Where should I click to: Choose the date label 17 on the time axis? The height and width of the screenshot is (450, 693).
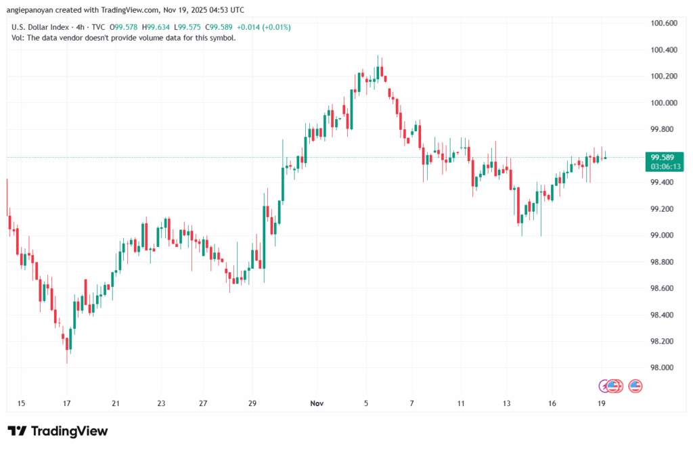click(x=68, y=403)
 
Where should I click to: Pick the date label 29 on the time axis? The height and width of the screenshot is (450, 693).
click(x=252, y=403)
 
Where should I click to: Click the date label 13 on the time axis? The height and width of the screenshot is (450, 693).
click(x=506, y=403)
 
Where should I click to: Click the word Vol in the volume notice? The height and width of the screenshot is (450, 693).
click(x=18, y=38)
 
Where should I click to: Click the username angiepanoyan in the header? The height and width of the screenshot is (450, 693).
click(x=33, y=10)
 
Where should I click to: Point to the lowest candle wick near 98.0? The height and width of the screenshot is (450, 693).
click(x=67, y=363)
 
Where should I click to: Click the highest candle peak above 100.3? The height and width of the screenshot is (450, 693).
click(x=378, y=56)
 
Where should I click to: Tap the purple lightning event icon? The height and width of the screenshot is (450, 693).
click(x=604, y=386)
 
